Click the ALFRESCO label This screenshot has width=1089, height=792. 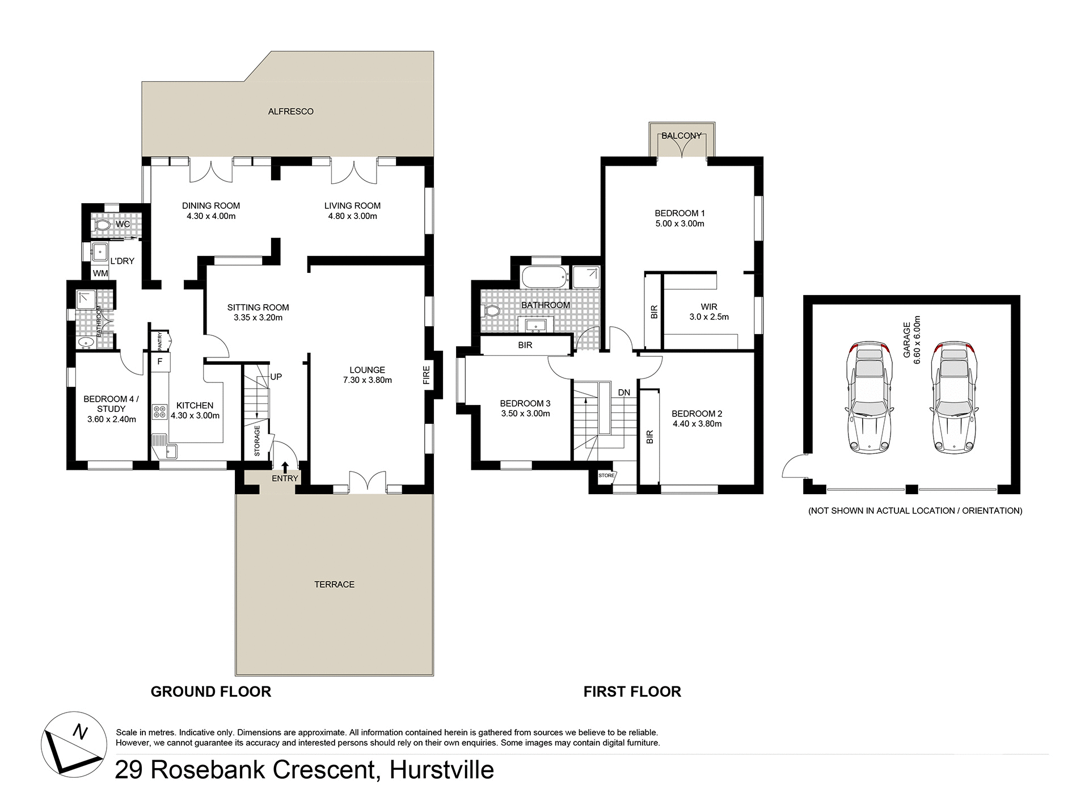tap(290, 112)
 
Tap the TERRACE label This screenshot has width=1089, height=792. tap(334, 584)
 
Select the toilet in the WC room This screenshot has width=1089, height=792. tap(103, 225)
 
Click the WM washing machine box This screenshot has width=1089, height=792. tap(100, 273)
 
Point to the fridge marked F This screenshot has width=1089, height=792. tap(160, 361)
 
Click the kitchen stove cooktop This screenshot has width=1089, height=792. tap(159, 411)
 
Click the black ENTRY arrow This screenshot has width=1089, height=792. tap(285, 466)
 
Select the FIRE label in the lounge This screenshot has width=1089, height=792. tap(427, 376)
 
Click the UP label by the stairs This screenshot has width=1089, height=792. tap(276, 377)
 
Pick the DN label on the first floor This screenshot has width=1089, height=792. tap(624, 393)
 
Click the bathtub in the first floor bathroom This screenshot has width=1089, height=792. tap(544, 277)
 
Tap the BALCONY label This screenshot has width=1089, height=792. tap(681, 136)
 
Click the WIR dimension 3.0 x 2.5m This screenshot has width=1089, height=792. tap(709, 317)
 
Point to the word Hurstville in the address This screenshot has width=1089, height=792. tap(441, 770)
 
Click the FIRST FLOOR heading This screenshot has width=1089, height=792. tap(632, 692)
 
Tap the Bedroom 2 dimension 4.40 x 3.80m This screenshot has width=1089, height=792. tap(697, 424)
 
